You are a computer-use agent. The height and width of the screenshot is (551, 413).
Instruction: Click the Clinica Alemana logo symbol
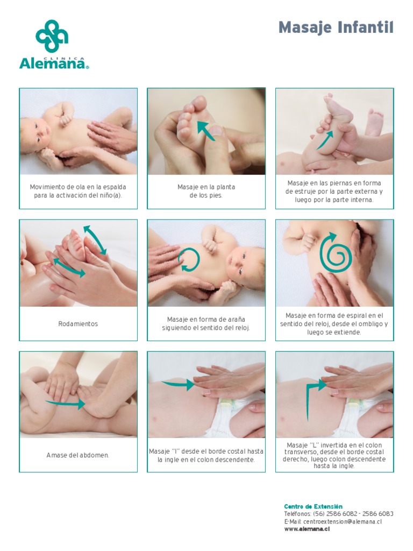pyautogui.click(x=52, y=36)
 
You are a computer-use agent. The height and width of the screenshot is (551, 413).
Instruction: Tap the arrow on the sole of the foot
pyautogui.click(x=206, y=130)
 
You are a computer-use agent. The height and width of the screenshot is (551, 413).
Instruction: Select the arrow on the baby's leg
pyautogui.click(x=325, y=140)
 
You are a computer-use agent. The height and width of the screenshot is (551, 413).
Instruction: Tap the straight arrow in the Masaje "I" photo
pyautogui.click(x=177, y=384)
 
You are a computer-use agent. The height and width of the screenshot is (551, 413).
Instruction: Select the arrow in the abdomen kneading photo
pyautogui.click(x=65, y=404)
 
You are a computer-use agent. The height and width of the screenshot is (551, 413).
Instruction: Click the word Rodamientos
pyautogui.click(x=78, y=323)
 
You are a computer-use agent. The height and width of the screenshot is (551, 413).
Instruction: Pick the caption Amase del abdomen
pyautogui.click(x=78, y=455)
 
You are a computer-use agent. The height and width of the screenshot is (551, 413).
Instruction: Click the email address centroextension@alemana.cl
pyautogui.click(x=343, y=521)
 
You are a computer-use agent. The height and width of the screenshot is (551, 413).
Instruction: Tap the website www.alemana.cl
pyautogui.click(x=307, y=529)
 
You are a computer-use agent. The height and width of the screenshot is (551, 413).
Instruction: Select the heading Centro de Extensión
pyautogui.click(x=314, y=506)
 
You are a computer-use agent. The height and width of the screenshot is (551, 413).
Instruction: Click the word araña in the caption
pyautogui.click(x=237, y=320)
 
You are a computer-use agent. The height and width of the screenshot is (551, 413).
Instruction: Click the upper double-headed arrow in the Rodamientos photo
pyautogui.click(x=95, y=240)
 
